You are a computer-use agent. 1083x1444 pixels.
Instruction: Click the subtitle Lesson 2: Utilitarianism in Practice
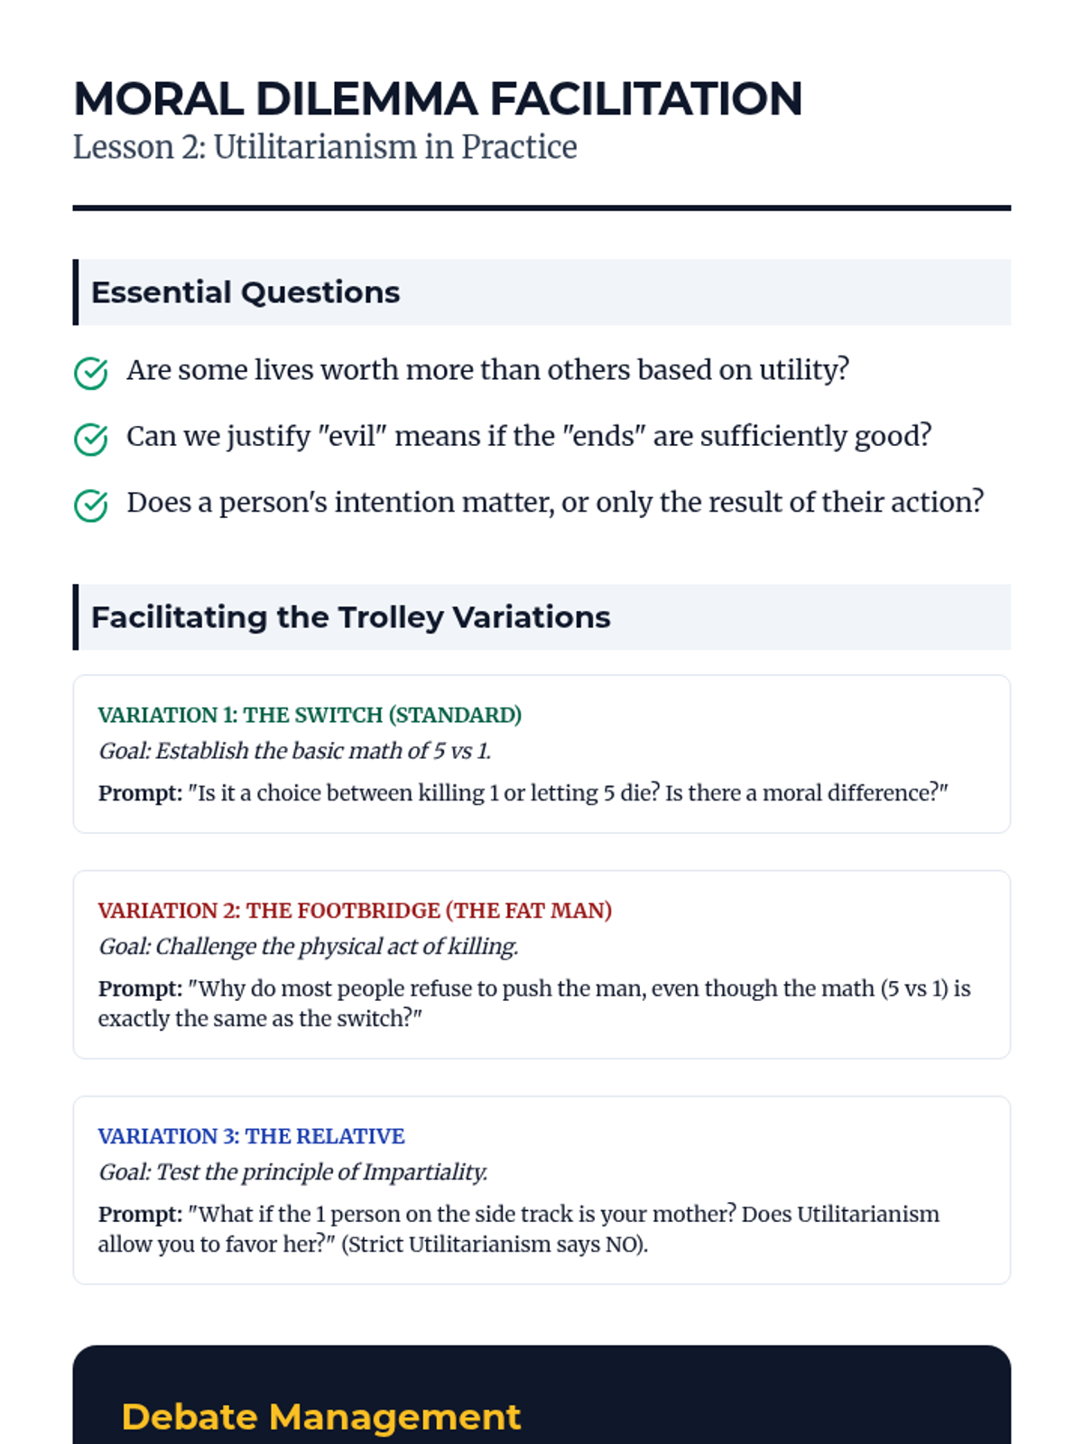coord(325,147)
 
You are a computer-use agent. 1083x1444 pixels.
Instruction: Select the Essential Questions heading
coord(245,292)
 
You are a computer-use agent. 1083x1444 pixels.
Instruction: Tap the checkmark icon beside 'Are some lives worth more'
coord(90,373)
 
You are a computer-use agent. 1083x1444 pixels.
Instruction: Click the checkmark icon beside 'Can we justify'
coord(90,439)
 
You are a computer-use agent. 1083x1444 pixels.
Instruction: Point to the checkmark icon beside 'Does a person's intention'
coord(90,505)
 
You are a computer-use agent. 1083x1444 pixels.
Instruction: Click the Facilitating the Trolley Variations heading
coord(350,617)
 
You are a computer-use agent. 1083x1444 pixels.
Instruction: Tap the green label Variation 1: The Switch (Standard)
coord(310,715)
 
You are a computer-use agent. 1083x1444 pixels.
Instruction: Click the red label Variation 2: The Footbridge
coord(355,910)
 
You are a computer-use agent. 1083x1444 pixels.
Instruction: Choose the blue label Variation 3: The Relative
coord(251,1135)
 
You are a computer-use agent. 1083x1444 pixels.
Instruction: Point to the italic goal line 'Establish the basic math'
coord(295,751)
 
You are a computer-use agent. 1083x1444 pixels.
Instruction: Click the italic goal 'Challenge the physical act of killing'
coord(308,946)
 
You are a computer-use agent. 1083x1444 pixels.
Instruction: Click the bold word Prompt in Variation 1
coord(140,793)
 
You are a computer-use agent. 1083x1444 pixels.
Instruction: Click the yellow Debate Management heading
coord(321,1417)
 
